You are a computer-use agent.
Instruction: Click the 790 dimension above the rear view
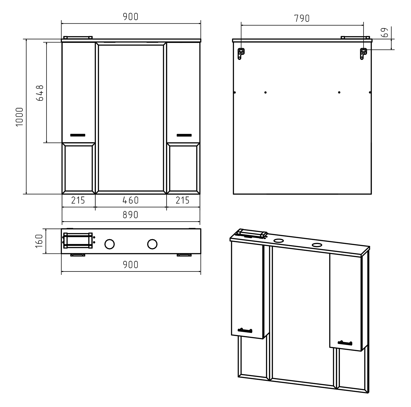click(x=302, y=19)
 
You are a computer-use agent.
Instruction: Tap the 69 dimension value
click(x=385, y=33)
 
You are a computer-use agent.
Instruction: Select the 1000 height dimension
click(x=20, y=117)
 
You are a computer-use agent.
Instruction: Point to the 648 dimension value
click(x=40, y=93)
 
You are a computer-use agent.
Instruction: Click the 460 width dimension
click(x=130, y=200)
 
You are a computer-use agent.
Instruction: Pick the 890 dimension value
click(x=130, y=215)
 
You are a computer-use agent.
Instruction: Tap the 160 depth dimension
click(x=39, y=241)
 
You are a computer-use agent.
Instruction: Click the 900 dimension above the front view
click(x=130, y=17)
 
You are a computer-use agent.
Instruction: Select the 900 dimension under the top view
click(x=130, y=265)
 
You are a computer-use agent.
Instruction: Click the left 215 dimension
click(x=78, y=200)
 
